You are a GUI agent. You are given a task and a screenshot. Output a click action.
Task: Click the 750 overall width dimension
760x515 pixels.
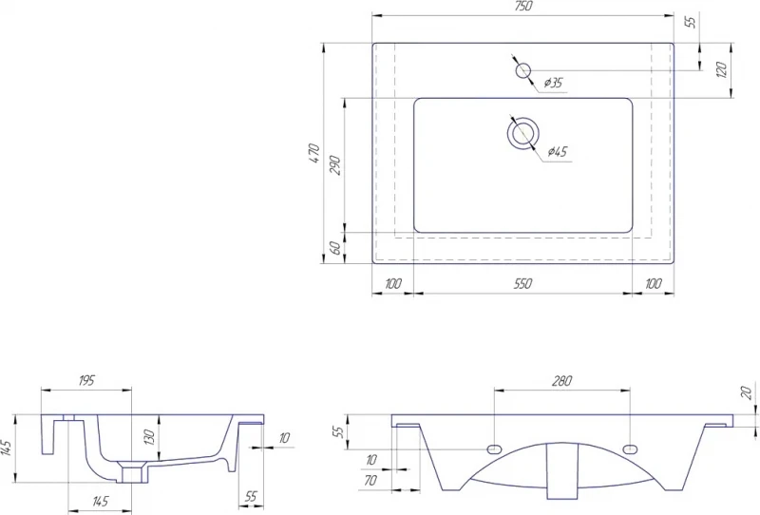point(524,6)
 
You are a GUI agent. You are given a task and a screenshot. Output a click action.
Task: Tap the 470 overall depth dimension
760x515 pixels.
point(314,153)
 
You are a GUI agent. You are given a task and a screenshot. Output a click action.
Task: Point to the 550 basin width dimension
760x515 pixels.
point(523,284)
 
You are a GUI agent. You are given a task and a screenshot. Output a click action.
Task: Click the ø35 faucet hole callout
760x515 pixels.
point(553,83)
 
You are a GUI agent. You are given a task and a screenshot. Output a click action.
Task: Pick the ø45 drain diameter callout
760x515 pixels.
point(558,152)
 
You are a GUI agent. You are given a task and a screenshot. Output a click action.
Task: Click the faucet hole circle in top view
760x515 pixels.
point(522,71)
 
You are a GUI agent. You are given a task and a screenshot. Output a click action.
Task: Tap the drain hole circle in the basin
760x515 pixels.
point(523,133)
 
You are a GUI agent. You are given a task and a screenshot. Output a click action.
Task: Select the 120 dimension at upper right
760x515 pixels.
point(722,71)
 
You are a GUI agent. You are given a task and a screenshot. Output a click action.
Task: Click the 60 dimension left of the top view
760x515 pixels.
point(335,248)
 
